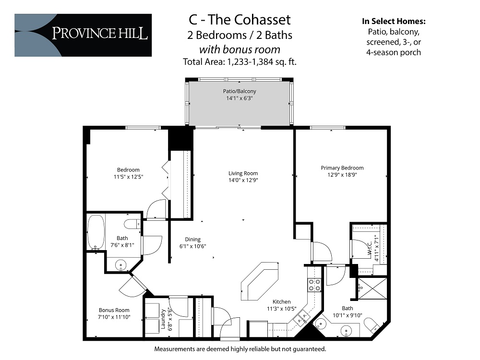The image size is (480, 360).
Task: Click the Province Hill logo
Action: click(x=83, y=35)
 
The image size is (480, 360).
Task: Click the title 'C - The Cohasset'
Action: click(x=240, y=20)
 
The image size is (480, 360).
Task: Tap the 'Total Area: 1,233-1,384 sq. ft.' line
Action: click(x=240, y=61)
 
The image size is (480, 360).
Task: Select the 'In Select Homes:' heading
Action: click(x=393, y=22)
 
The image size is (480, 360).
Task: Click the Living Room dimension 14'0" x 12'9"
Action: click(x=243, y=180)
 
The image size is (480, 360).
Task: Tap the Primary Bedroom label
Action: click(x=342, y=168)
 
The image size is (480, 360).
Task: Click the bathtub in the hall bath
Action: click(x=96, y=232)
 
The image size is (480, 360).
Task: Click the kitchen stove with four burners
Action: click(x=314, y=285)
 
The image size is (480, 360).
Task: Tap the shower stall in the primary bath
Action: click(x=372, y=290)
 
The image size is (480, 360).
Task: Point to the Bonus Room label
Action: click(x=114, y=310)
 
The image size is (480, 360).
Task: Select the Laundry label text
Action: click(x=163, y=320)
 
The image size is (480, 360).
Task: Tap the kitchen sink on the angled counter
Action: click(x=304, y=316)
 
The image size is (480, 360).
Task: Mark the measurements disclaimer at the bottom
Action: click(x=240, y=349)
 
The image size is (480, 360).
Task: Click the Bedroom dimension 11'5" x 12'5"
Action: click(x=128, y=176)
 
